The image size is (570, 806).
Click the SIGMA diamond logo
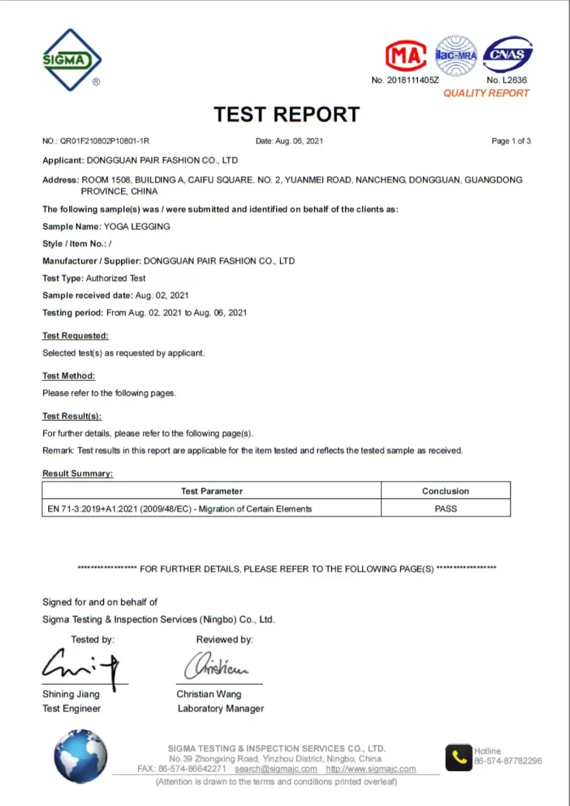tap(72, 59)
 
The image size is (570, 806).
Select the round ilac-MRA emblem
tap(455, 55)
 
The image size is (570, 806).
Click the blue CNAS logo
tap(508, 55)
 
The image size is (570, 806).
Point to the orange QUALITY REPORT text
tap(486, 93)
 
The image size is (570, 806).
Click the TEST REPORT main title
tap(286, 114)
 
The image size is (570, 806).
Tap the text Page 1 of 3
tap(511, 141)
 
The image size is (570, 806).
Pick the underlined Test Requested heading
tap(75, 335)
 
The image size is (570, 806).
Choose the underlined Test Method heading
tap(68, 376)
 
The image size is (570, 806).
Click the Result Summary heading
tap(77, 474)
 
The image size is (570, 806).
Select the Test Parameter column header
tap(212, 491)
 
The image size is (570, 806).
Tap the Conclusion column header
tap(445, 491)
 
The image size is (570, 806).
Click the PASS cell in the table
tap(445, 508)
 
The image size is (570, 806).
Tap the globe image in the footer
tap(80, 756)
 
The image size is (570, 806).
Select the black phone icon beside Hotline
tap(458, 757)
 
